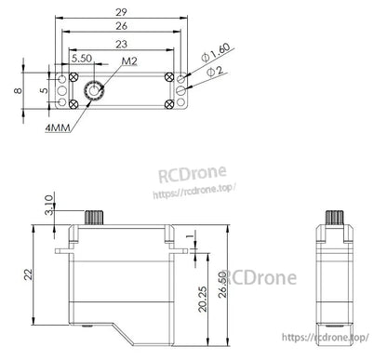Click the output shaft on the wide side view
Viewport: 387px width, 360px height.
94,216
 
